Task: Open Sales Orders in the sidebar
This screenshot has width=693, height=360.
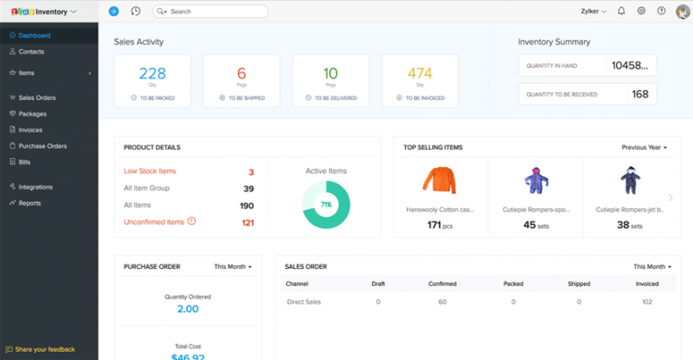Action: click(x=38, y=97)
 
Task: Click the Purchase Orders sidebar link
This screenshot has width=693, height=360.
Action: click(x=42, y=146)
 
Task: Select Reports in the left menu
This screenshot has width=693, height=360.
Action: click(x=30, y=203)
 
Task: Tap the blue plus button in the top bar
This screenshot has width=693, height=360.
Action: click(x=113, y=12)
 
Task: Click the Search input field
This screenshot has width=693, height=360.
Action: click(x=212, y=12)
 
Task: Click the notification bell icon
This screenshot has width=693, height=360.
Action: click(x=621, y=12)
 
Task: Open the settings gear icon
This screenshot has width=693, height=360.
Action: click(x=642, y=12)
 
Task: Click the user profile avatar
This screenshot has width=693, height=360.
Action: click(x=682, y=12)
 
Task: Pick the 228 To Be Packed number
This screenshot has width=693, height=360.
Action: click(x=152, y=74)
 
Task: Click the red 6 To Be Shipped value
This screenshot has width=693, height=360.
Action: click(x=241, y=74)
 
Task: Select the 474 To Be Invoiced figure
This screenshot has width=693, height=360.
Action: click(x=420, y=74)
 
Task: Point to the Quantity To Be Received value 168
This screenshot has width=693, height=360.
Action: click(x=640, y=94)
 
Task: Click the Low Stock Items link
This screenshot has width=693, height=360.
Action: click(x=150, y=171)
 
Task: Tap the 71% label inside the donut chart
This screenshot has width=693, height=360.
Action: click(x=325, y=205)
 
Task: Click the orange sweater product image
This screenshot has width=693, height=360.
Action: click(x=439, y=180)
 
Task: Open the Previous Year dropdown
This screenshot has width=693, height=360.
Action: click(x=644, y=147)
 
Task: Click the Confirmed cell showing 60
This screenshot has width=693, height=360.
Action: click(x=442, y=302)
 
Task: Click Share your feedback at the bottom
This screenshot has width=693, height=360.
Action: click(x=44, y=349)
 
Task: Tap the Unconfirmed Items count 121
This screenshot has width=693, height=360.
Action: click(x=247, y=222)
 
